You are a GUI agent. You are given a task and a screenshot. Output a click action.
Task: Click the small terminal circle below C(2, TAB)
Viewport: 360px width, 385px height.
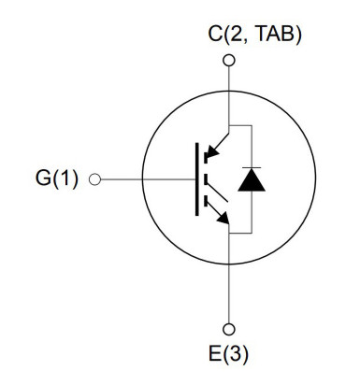point(230,62)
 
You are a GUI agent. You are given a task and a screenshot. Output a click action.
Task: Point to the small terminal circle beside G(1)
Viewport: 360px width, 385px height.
point(94,178)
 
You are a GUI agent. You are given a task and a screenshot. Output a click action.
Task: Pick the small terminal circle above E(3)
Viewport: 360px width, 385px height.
point(230,329)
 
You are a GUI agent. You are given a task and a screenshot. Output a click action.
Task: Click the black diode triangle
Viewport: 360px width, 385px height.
point(252,181)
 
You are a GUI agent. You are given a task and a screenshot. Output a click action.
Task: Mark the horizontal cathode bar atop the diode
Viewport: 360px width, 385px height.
point(252,169)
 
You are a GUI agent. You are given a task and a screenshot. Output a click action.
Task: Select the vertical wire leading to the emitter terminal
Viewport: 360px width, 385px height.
point(230,280)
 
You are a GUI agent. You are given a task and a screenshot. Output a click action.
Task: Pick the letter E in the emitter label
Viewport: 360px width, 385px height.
point(217,356)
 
